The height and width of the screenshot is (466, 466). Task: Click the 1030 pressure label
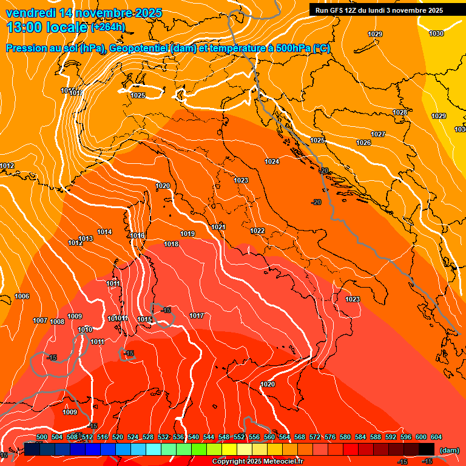pos(436,33)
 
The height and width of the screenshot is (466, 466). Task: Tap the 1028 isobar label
pos(399,112)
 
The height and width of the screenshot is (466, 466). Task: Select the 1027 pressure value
pos(378,134)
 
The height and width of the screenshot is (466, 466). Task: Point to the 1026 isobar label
pos(363,143)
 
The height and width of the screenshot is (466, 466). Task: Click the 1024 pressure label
pos(272,161)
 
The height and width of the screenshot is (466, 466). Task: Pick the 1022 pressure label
pos(257,231)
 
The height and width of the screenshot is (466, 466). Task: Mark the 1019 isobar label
pos(187,234)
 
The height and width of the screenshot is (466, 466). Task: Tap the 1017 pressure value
pos(196,316)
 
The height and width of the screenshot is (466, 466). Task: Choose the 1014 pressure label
pos(104,232)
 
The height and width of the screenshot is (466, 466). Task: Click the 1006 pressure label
pos(22,296)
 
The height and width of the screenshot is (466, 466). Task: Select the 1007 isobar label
pos(40,320)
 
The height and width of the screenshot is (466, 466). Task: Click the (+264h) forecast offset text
pos(108,27)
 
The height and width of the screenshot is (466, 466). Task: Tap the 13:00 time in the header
pos(22,27)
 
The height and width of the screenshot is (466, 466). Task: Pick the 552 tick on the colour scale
pos(239,437)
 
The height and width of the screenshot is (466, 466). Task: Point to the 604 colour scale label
pos(436,437)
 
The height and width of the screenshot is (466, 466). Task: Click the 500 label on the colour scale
pos(42,437)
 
